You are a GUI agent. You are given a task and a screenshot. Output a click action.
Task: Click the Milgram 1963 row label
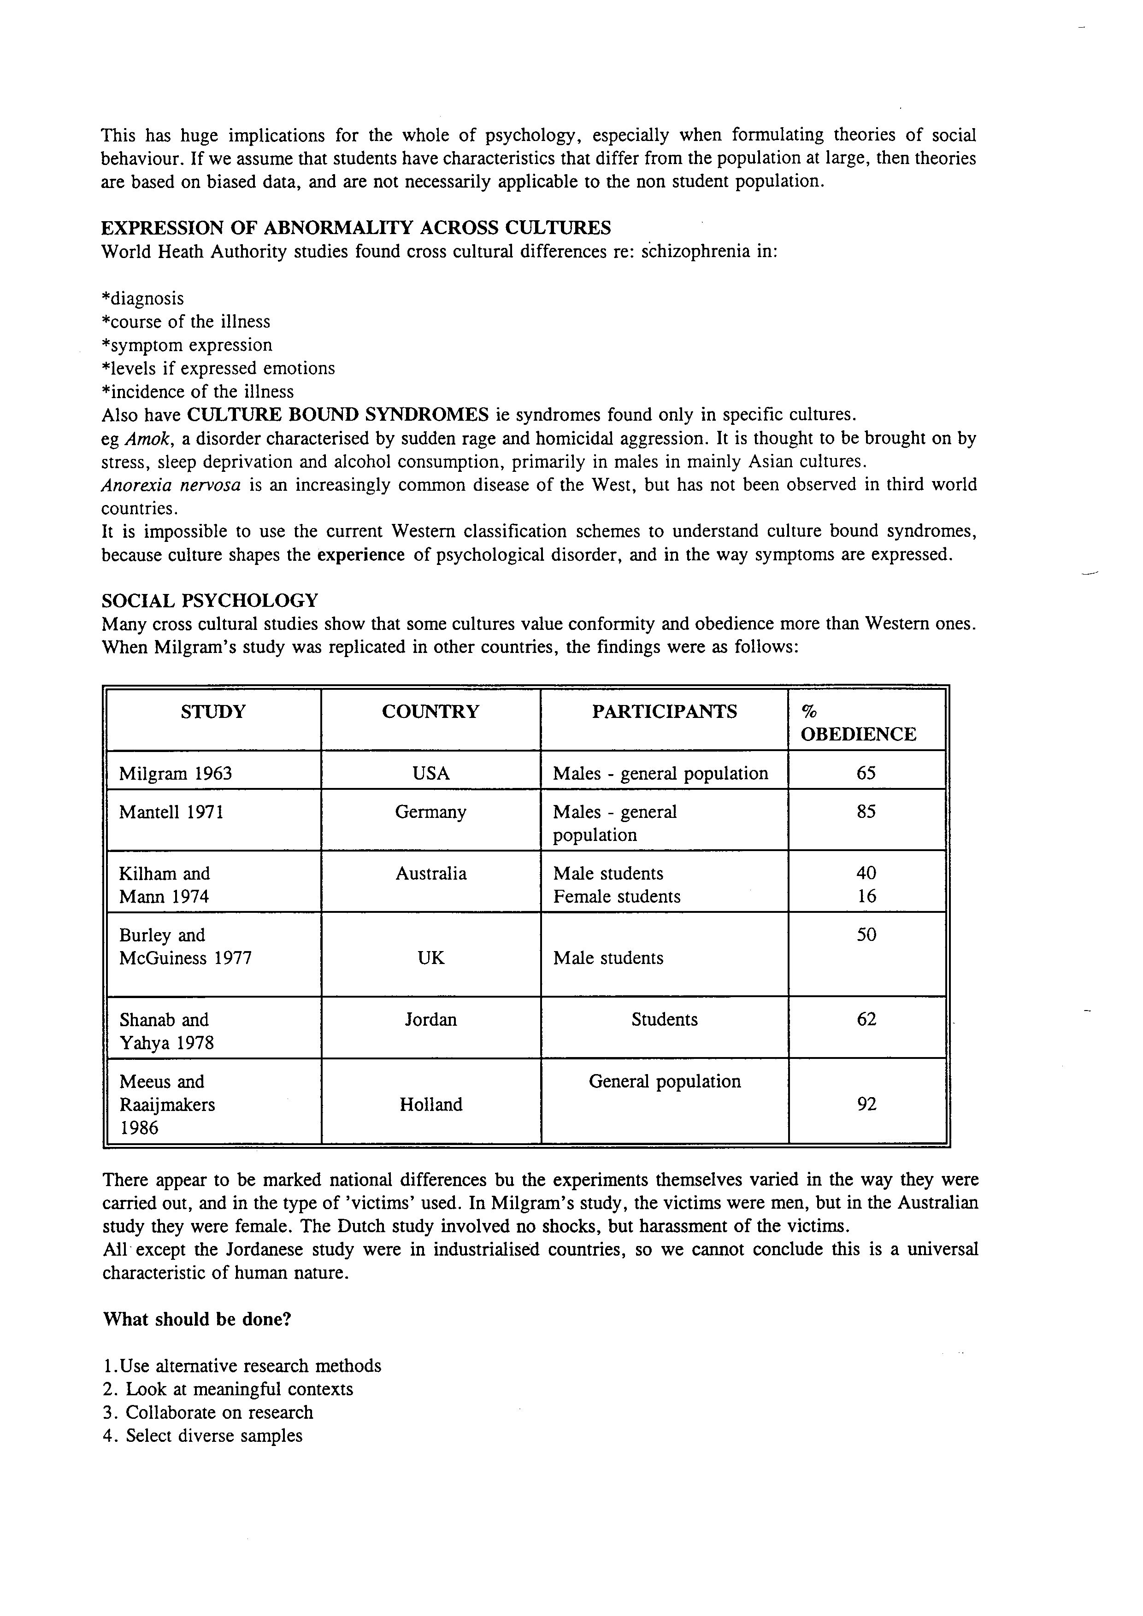(175, 774)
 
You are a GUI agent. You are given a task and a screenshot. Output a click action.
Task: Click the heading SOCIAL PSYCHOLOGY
(210, 600)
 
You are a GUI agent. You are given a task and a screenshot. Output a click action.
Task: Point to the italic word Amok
(148, 439)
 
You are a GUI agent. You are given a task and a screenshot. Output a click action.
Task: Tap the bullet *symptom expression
(187, 345)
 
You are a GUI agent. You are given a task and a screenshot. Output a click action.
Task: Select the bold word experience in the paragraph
(360, 555)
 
